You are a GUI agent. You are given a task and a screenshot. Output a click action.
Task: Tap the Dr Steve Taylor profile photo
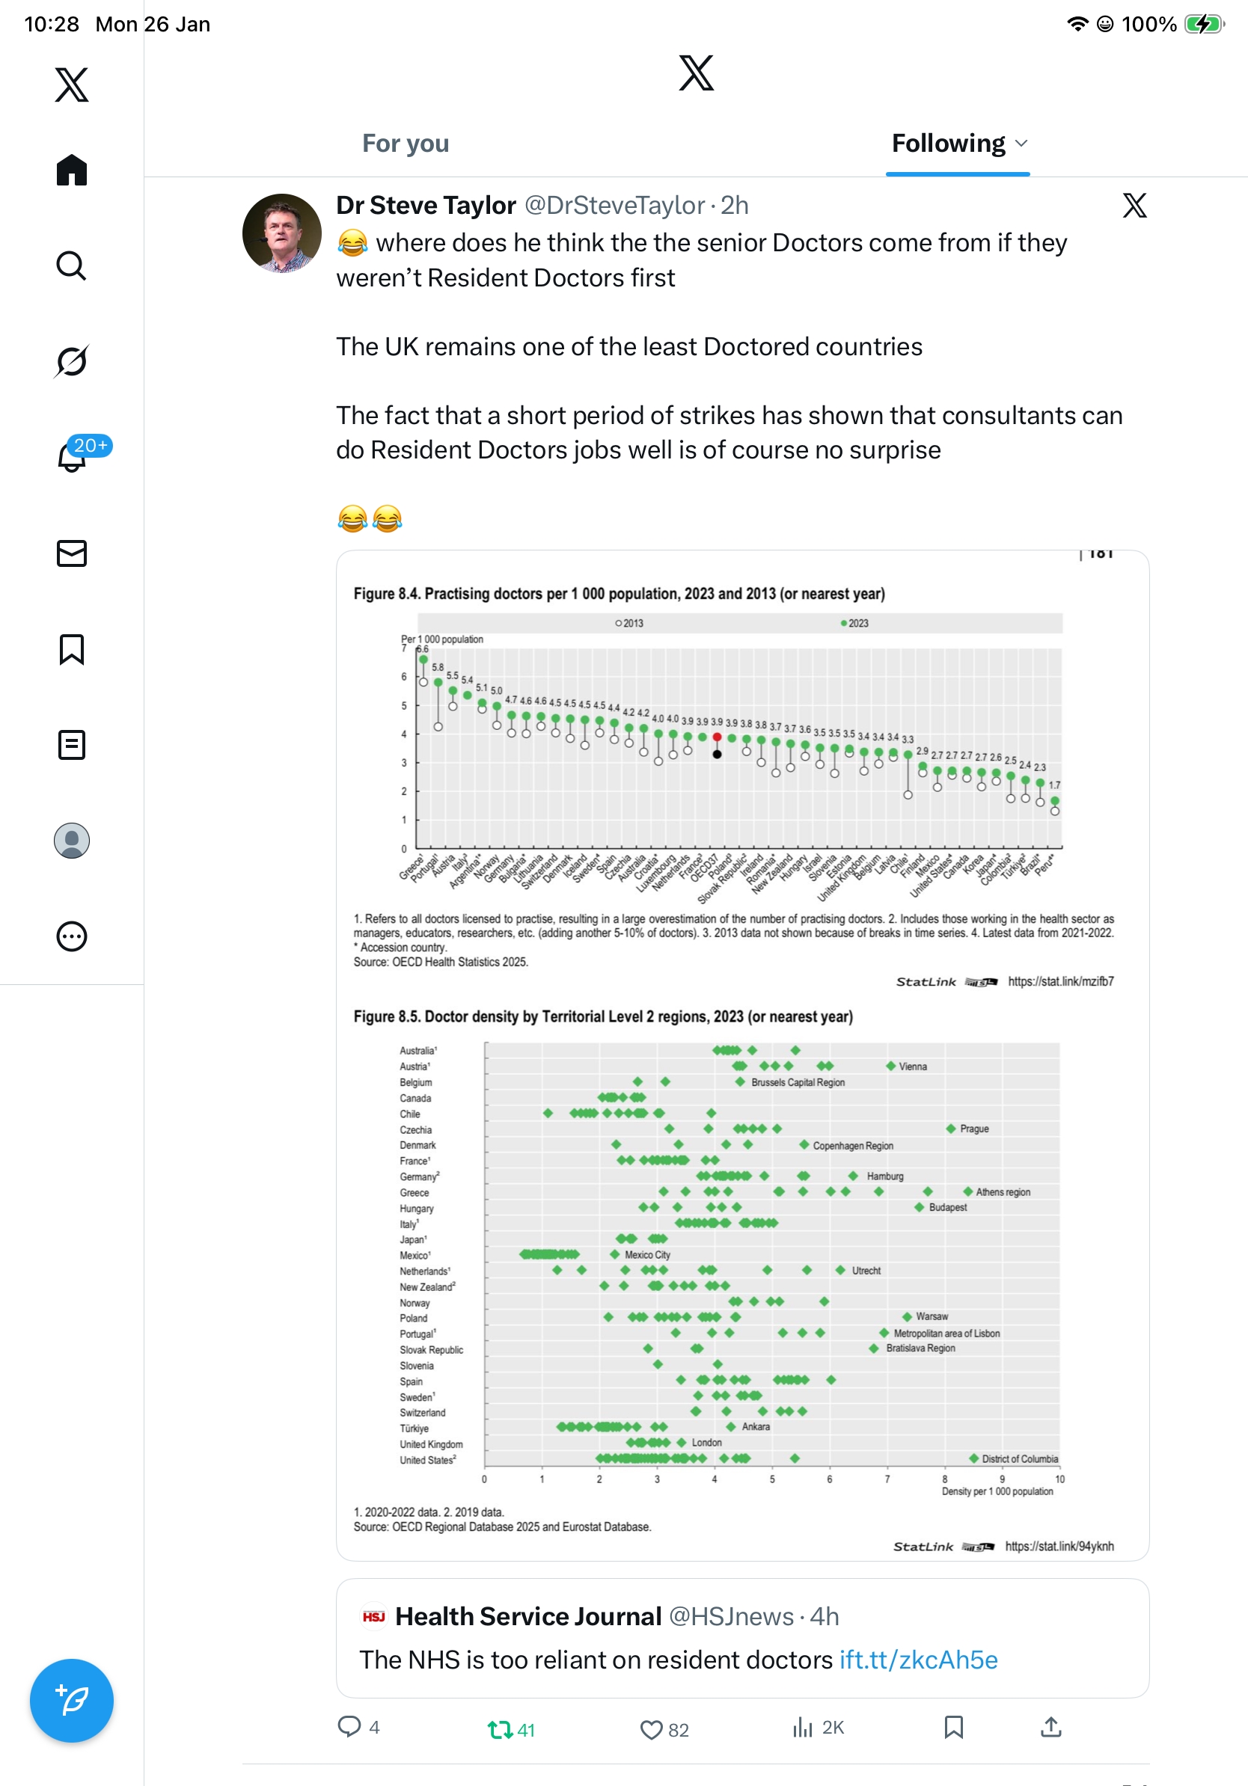pyautogui.click(x=281, y=233)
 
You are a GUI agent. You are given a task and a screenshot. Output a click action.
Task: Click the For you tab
pyautogui.click(x=406, y=144)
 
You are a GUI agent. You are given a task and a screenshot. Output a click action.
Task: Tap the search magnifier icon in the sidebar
pyautogui.click(x=72, y=266)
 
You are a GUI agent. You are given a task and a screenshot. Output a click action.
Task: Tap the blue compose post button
pyautogui.click(x=72, y=1701)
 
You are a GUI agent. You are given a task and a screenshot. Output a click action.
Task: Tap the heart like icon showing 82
pyautogui.click(x=650, y=1729)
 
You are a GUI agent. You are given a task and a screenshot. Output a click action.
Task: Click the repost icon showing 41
pyautogui.click(x=500, y=1729)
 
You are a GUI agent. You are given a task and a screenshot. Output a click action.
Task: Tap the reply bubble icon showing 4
pyautogui.click(x=349, y=1727)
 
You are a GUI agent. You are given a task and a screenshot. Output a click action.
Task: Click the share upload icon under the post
pyautogui.click(x=1051, y=1728)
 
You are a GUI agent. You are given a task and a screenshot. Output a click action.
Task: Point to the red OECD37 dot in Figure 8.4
pyautogui.click(x=718, y=737)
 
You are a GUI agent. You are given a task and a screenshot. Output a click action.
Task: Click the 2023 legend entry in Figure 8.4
pyautogui.click(x=855, y=623)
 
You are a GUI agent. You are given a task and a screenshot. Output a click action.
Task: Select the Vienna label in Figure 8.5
pyautogui.click(x=913, y=1067)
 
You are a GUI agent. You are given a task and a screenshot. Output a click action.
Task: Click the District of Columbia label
pyautogui.click(x=1019, y=1458)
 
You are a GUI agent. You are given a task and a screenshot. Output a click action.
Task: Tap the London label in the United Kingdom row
pyautogui.click(x=706, y=1442)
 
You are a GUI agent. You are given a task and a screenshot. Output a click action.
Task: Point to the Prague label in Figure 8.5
pyautogui.click(x=974, y=1129)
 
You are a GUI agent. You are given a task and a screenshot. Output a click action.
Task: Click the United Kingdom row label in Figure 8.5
pyautogui.click(x=431, y=1443)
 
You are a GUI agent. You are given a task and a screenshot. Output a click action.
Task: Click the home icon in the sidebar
pyautogui.click(x=72, y=170)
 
